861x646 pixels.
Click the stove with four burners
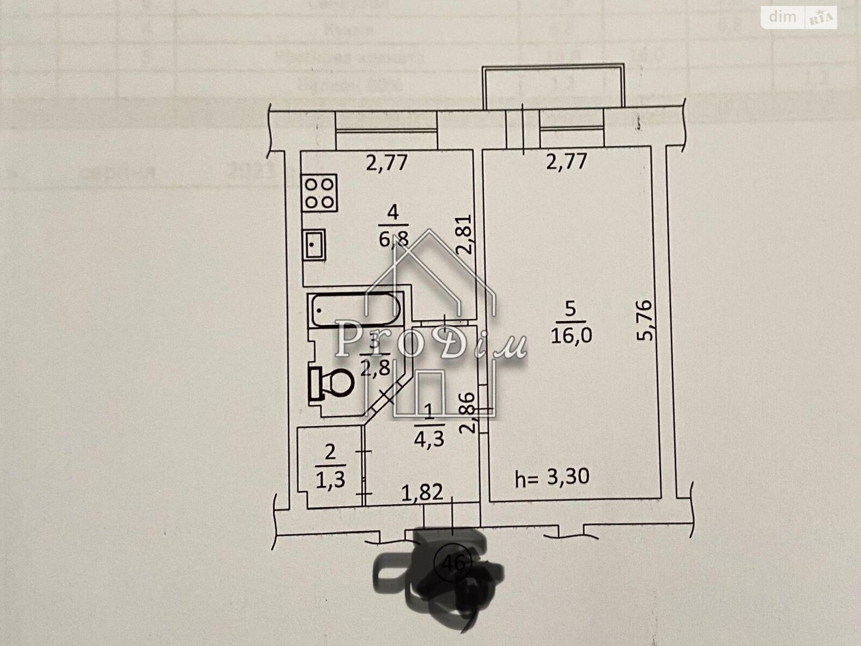coord(321,193)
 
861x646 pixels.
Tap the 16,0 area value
coord(571,336)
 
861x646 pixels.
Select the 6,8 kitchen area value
coord(394,238)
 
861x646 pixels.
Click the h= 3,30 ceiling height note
coord(553,477)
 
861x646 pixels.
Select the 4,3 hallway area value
coord(428,440)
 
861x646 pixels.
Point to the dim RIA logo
coord(799,18)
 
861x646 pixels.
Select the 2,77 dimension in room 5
coord(566,161)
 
